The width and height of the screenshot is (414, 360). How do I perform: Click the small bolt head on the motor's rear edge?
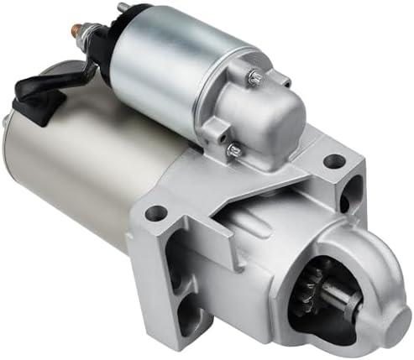[x=6, y=121]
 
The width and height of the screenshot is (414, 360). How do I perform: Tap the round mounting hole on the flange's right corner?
[x=335, y=160]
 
